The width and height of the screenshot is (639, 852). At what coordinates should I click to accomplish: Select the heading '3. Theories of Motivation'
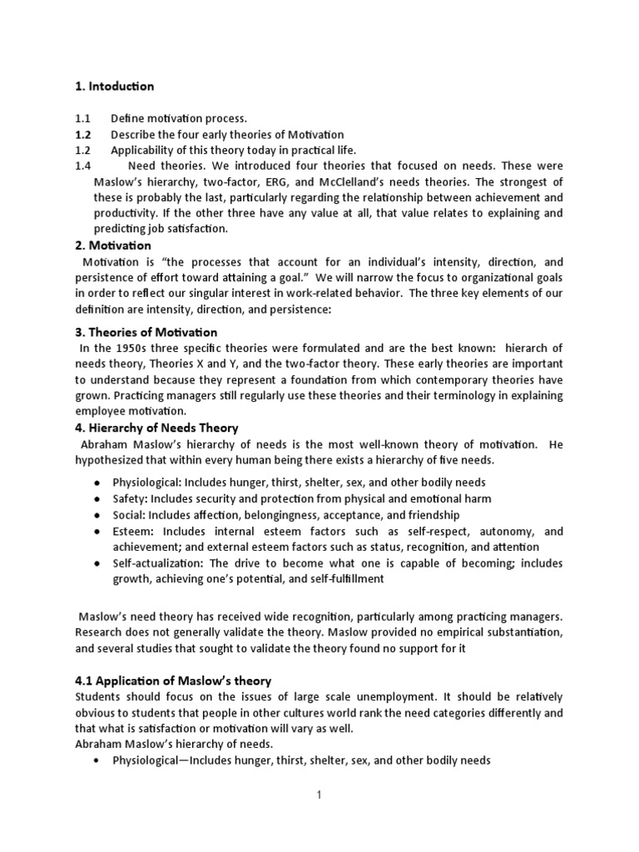point(146,333)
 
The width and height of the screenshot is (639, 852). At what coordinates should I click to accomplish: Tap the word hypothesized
point(115,460)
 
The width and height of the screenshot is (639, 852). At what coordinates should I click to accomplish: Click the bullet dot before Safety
point(98,499)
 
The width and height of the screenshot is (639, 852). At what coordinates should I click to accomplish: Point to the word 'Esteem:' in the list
point(134,531)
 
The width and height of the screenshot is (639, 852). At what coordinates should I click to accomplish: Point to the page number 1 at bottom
point(319,795)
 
